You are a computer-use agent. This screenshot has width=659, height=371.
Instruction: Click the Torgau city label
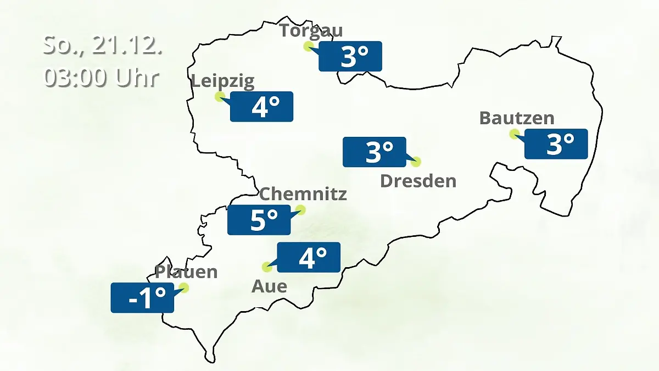click(x=311, y=30)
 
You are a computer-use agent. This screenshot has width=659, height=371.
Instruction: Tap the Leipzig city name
click(x=223, y=82)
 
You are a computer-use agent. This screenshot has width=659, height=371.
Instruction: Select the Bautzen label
click(x=517, y=118)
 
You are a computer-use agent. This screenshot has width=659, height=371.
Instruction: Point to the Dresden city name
click(x=418, y=181)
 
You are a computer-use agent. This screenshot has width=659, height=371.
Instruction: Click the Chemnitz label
click(x=303, y=194)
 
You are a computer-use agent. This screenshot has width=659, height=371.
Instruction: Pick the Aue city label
click(x=269, y=286)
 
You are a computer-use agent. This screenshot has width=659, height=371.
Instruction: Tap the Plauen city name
click(x=186, y=272)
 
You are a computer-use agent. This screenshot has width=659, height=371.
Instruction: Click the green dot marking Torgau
click(x=309, y=46)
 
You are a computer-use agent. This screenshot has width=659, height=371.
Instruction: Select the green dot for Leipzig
click(x=220, y=97)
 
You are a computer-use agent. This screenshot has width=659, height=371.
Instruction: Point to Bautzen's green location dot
click(x=515, y=134)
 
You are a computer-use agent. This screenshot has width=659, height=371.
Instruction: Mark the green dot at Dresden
click(x=416, y=162)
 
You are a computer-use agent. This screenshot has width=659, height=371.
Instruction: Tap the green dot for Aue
click(x=267, y=267)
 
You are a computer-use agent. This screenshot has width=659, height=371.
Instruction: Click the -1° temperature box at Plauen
click(x=142, y=298)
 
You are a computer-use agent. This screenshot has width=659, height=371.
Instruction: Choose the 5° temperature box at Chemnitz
click(x=259, y=220)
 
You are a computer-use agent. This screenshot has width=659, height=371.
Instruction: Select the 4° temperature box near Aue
click(x=309, y=257)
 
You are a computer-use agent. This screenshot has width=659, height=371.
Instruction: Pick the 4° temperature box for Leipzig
click(x=261, y=107)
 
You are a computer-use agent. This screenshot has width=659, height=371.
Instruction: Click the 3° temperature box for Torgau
click(x=350, y=56)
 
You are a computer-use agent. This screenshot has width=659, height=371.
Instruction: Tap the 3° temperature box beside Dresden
click(x=375, y=152)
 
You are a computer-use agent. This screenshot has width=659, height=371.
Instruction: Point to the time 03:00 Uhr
click(x=102, y=78)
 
